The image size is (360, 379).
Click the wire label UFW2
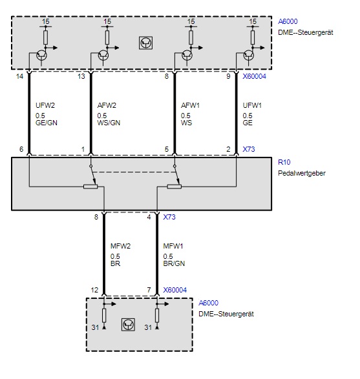45,105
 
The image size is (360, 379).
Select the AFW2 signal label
107,105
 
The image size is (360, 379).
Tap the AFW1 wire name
190,105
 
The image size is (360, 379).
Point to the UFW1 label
252,105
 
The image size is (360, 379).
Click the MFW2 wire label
120,246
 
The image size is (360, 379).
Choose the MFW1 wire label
173,246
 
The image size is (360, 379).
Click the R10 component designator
284,162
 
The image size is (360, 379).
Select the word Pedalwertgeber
302,173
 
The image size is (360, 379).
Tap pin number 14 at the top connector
19,76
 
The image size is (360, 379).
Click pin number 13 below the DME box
81,76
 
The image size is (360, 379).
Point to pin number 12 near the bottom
94,290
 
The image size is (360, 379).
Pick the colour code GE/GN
46,123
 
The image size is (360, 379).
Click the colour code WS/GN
109,123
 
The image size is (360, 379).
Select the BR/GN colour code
174,263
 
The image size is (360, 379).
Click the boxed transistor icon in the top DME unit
145,43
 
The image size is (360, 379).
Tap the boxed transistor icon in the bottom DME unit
128,325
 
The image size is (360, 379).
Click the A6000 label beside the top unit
288,21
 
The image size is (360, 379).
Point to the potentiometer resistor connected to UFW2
90,187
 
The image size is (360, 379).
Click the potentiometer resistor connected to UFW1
175,187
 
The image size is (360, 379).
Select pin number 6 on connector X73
21,149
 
